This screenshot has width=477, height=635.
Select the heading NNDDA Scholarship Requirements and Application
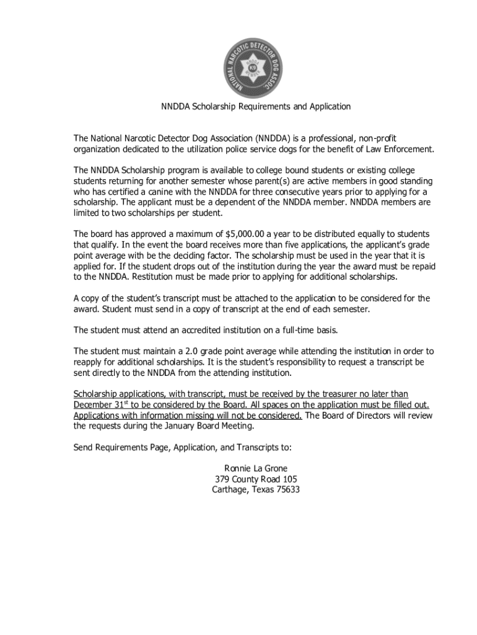coord(256,107)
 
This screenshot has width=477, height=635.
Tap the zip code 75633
coord(287,489)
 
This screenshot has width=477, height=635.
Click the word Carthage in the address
coord(229,489)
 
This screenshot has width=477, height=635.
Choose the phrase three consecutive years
coord(289,192)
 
